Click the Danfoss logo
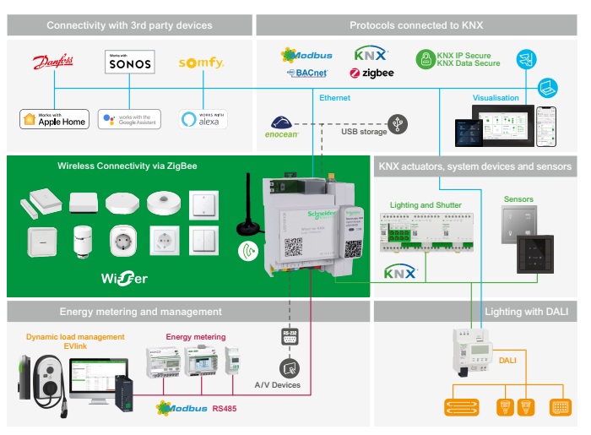[53, 63]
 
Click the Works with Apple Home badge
[54, 119]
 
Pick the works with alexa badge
[203, 119]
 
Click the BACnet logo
[307, 73]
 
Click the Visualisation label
[496, 98]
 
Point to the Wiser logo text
[124, 278]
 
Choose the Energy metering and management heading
[139, 312]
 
